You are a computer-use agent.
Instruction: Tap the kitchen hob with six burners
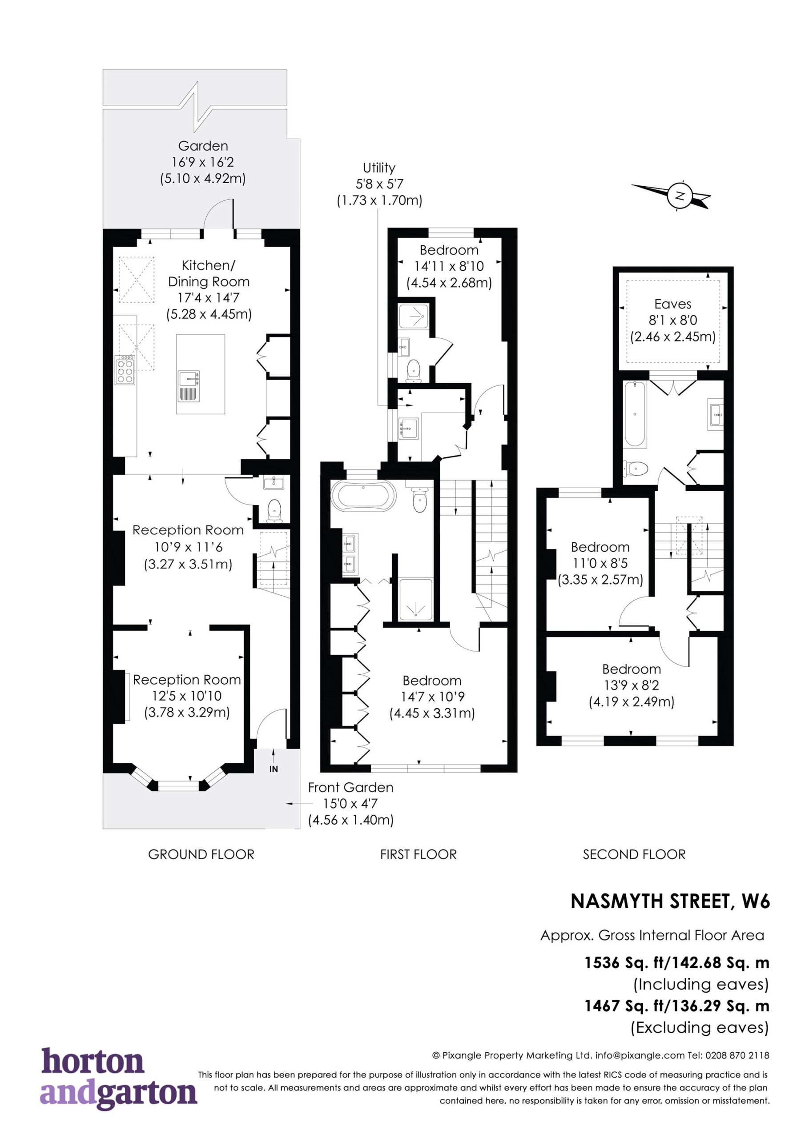point(125,370)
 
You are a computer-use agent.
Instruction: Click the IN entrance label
point(273,769)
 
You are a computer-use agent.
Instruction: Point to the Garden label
point(203,146)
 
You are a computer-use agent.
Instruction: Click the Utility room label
point(379,168)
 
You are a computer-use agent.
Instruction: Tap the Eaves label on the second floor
point(672,304)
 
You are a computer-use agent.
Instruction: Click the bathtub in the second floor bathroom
point(635,414)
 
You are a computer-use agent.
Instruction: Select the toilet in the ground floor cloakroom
point(274,510)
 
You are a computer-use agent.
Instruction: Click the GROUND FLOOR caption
point(201,854)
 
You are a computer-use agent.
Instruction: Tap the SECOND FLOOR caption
point(634,854)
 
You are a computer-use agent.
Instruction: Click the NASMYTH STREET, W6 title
point(670,902)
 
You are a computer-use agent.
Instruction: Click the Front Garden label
point(350,788)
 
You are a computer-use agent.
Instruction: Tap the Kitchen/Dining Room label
point(208,273)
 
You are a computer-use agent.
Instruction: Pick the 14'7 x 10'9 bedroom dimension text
point(432,697)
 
